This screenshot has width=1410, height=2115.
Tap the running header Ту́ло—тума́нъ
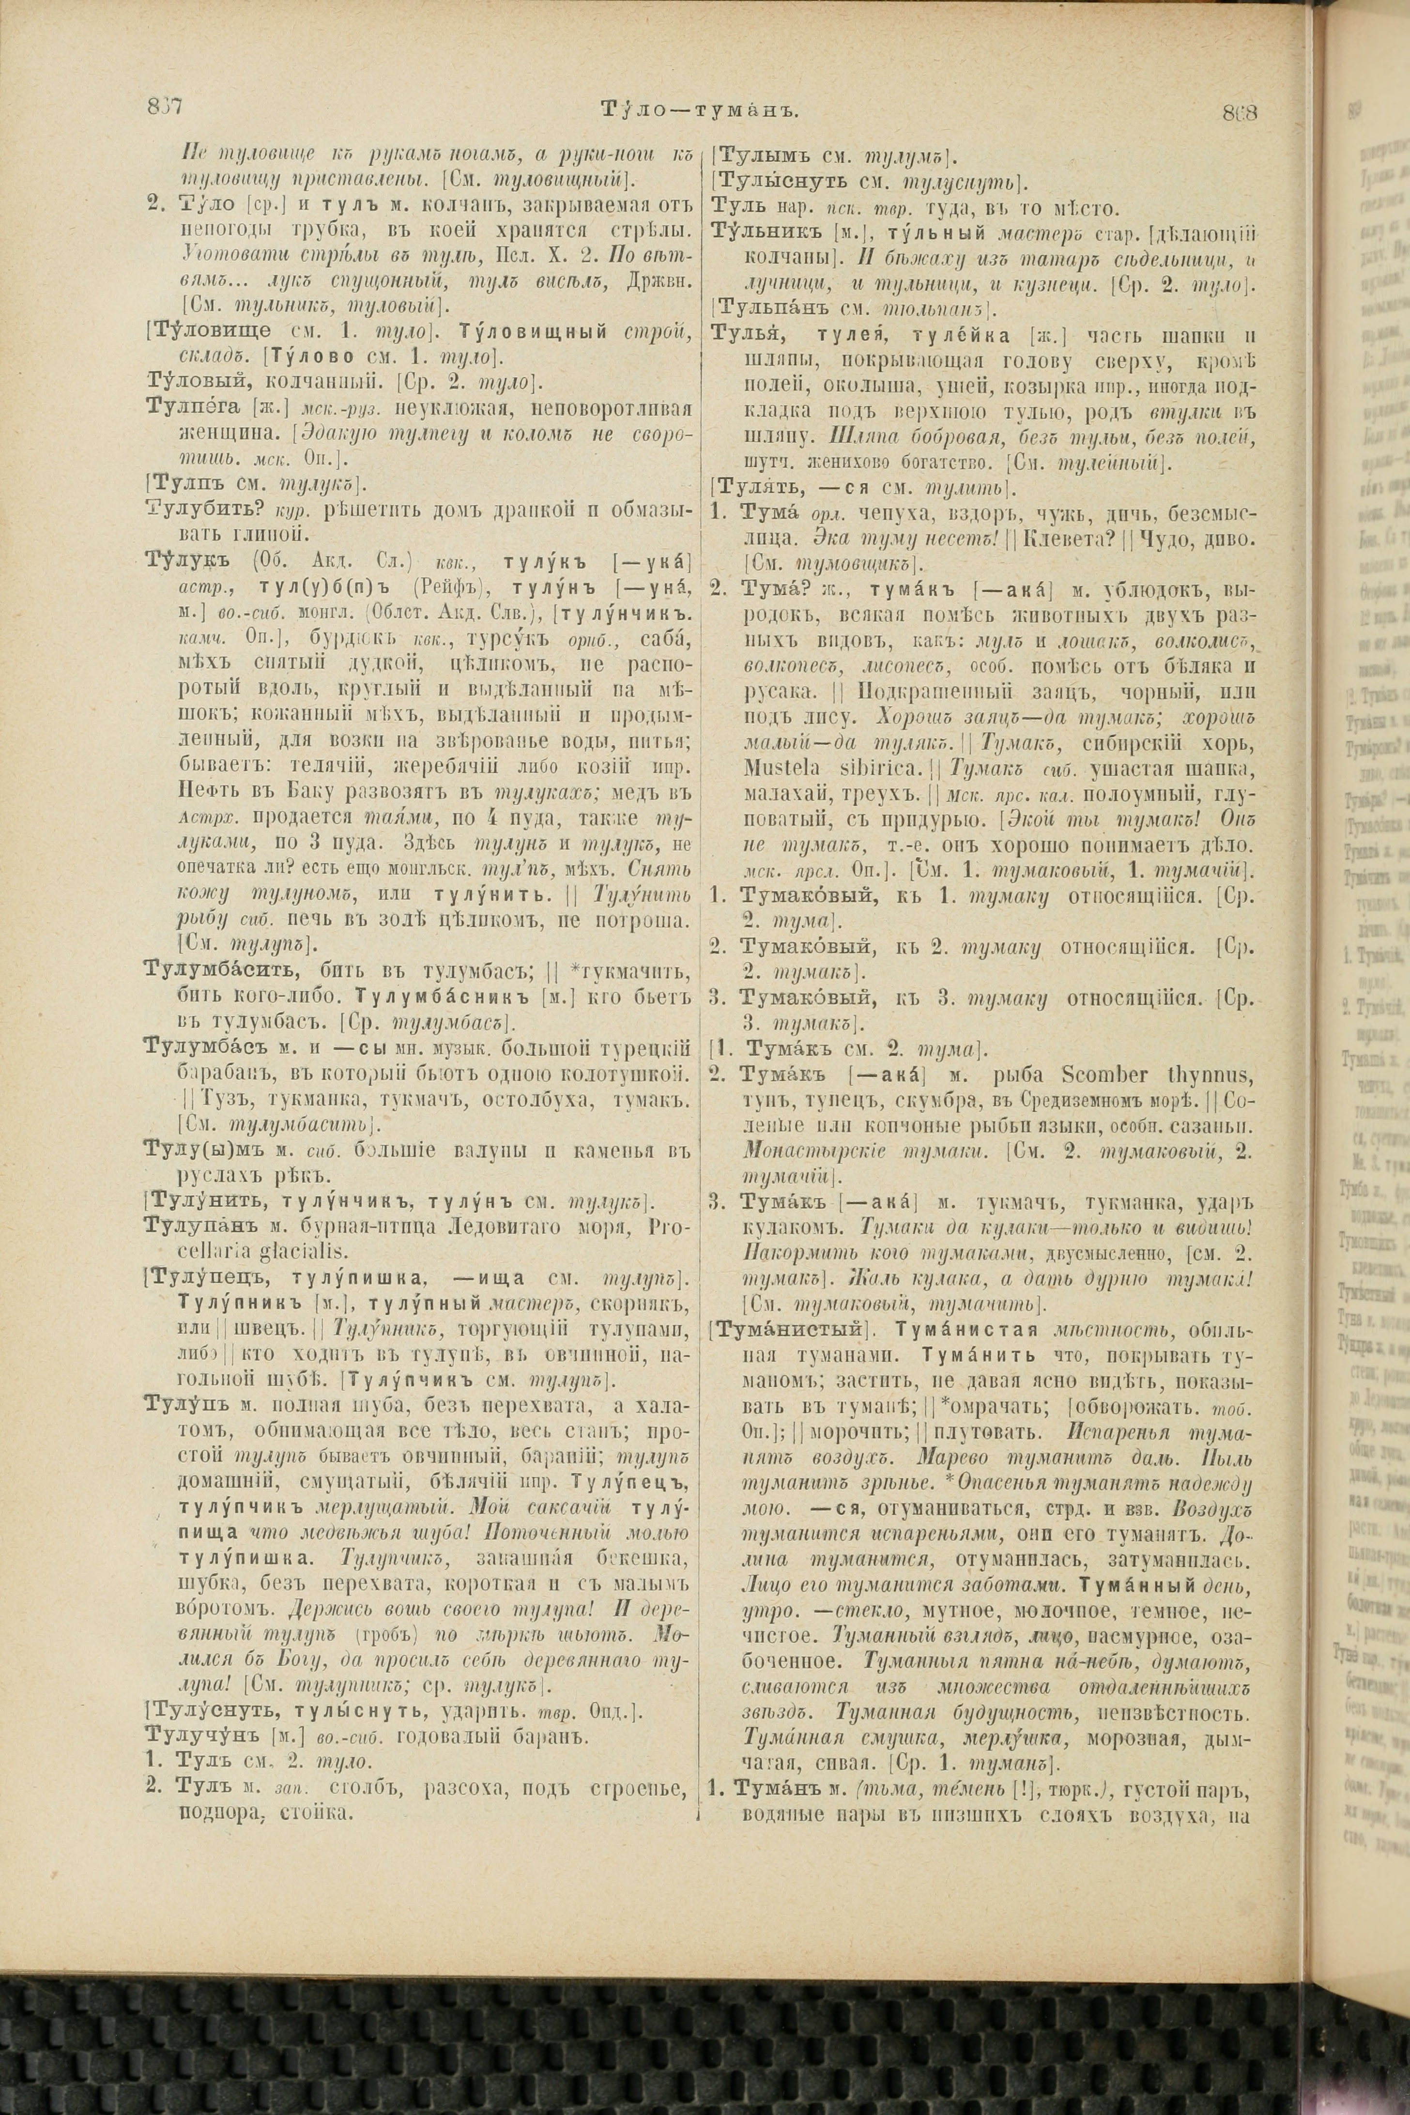point(699,110)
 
